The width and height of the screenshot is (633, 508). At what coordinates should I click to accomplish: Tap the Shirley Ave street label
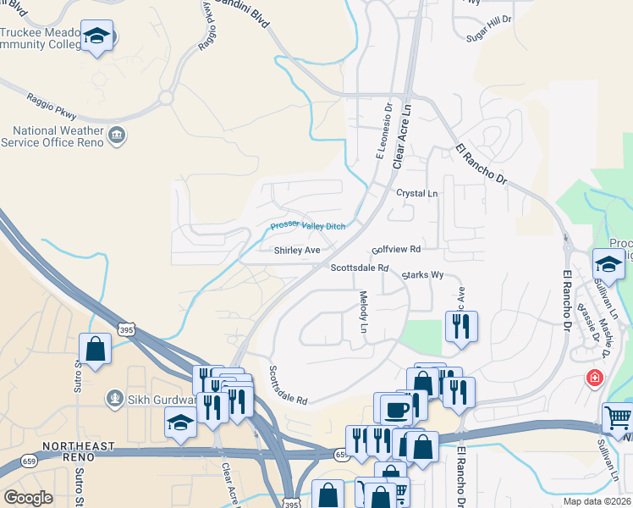[297, 251]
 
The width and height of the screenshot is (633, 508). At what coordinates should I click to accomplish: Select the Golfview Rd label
[396, 250]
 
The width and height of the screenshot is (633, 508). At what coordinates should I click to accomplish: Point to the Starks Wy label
[422, 275]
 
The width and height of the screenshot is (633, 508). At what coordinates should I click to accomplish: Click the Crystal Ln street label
[417, 193]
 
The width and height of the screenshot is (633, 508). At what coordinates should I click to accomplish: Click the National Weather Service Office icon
[117, 134]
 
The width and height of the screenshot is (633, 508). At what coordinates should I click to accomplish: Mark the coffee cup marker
[395, 410]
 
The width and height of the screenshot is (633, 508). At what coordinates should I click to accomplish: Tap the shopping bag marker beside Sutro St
[95, 348]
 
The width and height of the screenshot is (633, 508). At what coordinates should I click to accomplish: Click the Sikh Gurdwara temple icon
[114, 398]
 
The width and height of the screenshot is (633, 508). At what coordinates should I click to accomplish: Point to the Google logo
[28, 498]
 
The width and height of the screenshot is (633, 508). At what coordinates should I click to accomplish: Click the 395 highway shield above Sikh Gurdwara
[124, 329]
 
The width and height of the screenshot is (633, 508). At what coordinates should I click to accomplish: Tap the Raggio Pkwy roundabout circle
[166, 97]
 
